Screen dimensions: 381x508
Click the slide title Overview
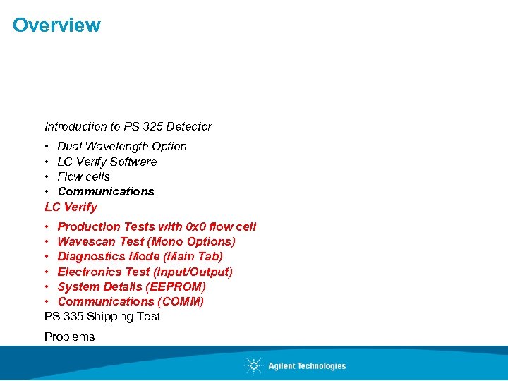coord(56,25)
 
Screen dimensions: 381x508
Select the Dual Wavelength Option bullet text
coord(122,147)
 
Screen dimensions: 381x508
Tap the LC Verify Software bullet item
coord(107,162)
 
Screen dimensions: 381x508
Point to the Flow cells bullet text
coord(84,176)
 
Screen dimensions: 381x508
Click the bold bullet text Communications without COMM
coord(106,191)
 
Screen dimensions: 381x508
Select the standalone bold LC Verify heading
coord(71,207)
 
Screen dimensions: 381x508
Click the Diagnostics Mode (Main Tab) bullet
coord(140,257)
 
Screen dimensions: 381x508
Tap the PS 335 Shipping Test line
coord(102,317)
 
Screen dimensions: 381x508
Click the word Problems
coord(69,337)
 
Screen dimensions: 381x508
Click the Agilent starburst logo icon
coord(253,365)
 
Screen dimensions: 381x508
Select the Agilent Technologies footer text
coord(307,366)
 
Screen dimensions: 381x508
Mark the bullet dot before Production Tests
coord(47,227)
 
